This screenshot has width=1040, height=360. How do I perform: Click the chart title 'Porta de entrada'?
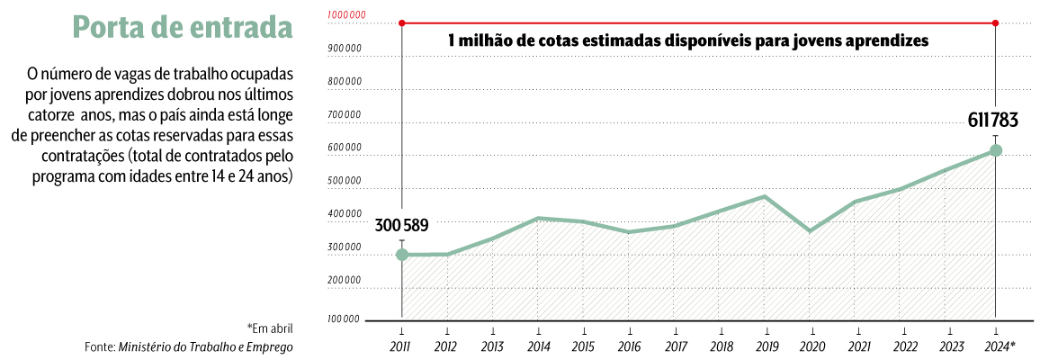point(183,29)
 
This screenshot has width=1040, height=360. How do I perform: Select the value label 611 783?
point(995,121)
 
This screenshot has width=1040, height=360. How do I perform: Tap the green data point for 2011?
point(402,255)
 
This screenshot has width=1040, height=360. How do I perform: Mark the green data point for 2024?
point(995,150)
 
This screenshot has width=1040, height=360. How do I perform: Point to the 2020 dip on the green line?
point(811,231)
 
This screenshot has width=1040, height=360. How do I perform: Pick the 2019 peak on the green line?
point(765,196)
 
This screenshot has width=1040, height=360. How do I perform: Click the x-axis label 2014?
point(537,346)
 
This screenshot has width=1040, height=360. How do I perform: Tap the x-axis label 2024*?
point(1000,346)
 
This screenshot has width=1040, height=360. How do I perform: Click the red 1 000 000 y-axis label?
point(345,15)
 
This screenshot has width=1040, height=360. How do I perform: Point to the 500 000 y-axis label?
point(345,181)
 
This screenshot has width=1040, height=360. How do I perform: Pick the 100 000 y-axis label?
point(345,319)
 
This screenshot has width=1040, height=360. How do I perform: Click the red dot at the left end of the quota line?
point(402,22)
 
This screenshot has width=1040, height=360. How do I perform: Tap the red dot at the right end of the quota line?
point(995,22)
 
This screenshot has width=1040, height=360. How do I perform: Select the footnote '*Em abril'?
point(270,328)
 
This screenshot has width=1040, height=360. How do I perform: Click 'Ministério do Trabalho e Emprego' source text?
point(206,346)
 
